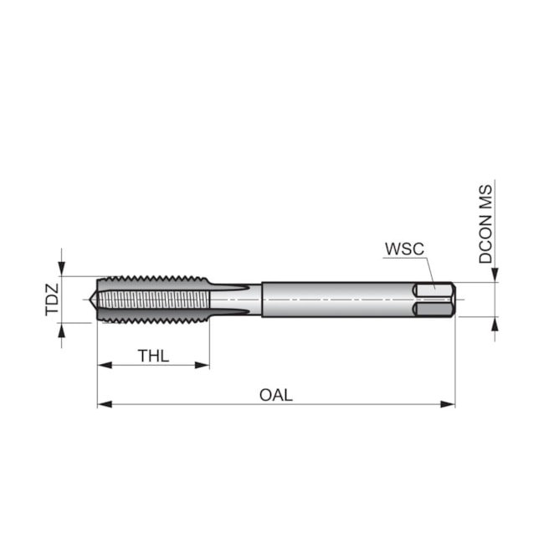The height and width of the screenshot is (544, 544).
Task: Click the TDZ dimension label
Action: point(53,300)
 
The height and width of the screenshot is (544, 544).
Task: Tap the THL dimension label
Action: point(153,356)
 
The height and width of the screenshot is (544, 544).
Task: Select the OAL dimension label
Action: point(276,395)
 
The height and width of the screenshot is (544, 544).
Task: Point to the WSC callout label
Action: point(404,249)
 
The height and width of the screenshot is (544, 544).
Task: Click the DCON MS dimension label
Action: point(485,224)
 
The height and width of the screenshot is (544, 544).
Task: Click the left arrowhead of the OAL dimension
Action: point(105,404)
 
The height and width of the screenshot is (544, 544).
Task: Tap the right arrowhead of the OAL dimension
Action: point(448,404)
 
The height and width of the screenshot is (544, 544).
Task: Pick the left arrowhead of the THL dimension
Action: point(105,365)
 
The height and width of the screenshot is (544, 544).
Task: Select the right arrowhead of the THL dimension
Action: point(203,365)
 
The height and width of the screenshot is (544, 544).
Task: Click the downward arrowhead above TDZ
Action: point(61,269)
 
